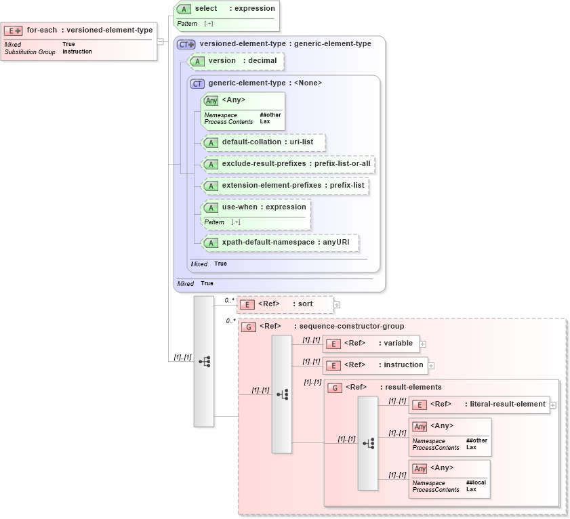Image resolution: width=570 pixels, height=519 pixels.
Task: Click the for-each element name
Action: pos(41,30)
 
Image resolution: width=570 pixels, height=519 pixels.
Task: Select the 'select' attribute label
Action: pos(206,9)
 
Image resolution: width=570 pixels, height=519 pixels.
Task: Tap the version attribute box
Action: pos(235,61)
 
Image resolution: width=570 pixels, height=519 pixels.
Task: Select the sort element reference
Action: pos(285,304)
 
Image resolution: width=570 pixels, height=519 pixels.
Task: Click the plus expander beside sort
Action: pos(337,305)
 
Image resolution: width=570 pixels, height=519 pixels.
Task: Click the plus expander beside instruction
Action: pos(431,366)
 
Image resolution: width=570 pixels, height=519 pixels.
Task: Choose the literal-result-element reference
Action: pos(479,404)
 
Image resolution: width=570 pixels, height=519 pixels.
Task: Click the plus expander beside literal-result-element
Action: pos(553,405)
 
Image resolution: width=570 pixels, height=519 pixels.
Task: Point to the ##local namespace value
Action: pos(476,482)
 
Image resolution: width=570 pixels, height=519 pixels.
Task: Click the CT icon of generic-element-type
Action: pos(197,83)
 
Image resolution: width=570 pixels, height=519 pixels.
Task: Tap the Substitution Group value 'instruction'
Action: pos(77,51)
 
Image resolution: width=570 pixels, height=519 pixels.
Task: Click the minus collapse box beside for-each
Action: pos(160,41)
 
